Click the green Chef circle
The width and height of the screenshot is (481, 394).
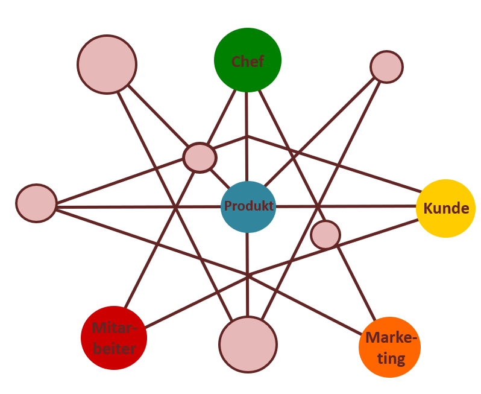tap(248, 60)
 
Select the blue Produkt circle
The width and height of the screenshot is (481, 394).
tap(248, 206)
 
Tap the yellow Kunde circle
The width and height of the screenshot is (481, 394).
tap(446, 208)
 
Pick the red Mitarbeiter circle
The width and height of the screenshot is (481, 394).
tap(114, 338)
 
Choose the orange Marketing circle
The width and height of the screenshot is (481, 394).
tap(389, 347)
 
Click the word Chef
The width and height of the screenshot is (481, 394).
tap(248, 61)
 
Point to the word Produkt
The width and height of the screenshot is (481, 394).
tap(248, 206)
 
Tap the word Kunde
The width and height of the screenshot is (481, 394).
tap(446, 209)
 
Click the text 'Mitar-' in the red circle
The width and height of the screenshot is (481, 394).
tap(115, 329)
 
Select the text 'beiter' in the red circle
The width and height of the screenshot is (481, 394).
tap(115, 348)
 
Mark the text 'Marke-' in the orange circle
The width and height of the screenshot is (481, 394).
tap(391, 338)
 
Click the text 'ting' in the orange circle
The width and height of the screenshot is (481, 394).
tap(391, 358)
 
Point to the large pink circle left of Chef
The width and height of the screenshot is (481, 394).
tap(107, 64)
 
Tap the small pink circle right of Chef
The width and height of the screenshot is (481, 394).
tap(386, 67)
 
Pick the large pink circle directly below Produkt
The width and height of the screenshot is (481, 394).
tap(248, 344)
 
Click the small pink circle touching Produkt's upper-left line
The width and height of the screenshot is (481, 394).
tap(200, 157)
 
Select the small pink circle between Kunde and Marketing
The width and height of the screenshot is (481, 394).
tap(325, 235)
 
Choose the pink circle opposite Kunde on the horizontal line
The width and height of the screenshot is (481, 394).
tap(36, 203)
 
